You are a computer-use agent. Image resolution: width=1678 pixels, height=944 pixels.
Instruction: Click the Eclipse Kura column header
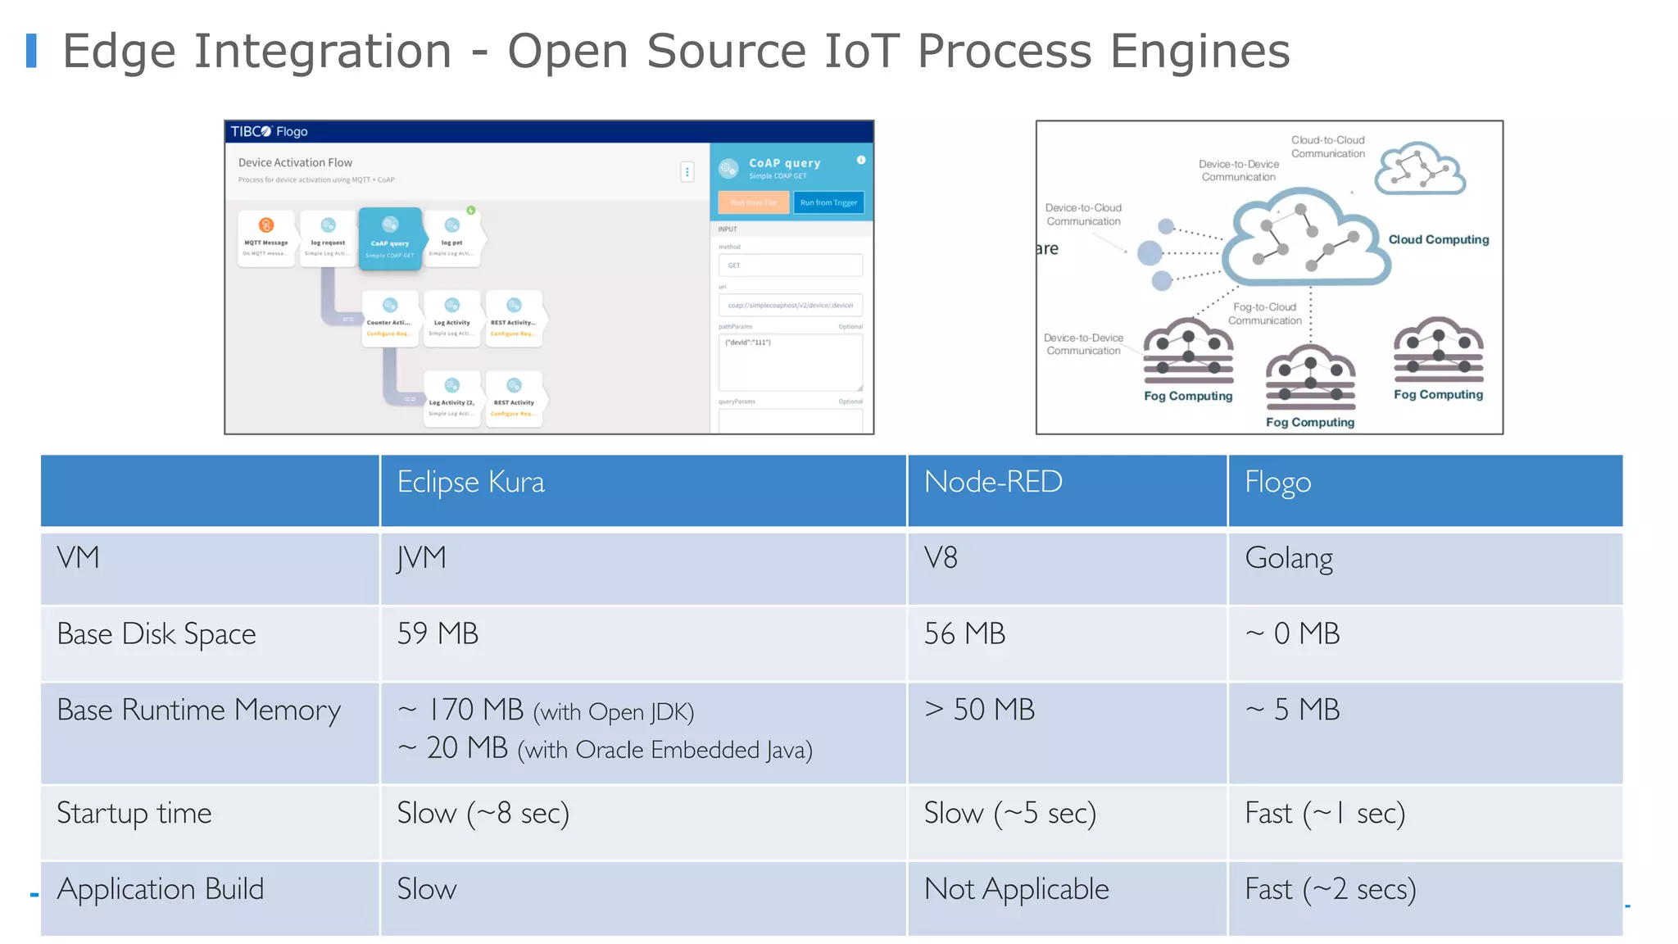tap(470, 483)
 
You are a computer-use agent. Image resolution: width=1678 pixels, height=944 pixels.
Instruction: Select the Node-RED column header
tap(992, 483)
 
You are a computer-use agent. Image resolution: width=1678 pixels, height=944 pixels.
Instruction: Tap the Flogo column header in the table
tap(1277, 483)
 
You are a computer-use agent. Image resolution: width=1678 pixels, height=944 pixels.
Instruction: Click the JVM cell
tap(421, 559)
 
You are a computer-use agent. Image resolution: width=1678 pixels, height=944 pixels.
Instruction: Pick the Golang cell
tap(1288, 559)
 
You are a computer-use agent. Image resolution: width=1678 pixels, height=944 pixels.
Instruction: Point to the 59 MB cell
tap(438, 634)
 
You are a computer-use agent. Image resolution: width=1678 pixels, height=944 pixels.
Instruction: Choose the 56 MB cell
tap(964, 634)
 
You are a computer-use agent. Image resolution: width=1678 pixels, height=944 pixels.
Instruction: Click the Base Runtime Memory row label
tap(198, 710)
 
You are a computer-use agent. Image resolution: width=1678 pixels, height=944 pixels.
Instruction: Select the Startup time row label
tap(134, 814)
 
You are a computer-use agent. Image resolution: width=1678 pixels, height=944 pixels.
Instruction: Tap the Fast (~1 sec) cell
tap(1324, 814)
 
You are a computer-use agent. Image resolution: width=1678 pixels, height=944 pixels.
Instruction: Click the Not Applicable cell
tap(1016, 890)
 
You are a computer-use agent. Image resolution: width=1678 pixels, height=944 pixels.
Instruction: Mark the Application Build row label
tap(160, 890)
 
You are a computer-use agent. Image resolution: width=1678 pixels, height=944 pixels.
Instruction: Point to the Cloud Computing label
tap(1438, 239)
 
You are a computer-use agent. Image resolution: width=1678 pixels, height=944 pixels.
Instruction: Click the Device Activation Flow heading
tap(295, 163)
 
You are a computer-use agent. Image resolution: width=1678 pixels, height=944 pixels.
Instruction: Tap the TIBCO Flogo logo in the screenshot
tap(269, 131)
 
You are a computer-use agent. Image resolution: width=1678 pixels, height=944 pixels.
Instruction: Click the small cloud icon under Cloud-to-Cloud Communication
tap(1419, 170)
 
